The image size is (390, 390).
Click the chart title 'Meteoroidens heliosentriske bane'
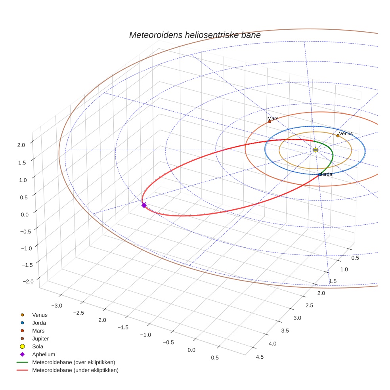(x=195, y=35)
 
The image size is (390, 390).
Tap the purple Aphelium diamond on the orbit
(x=144, y=205)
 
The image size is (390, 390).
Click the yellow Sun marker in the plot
(x=315, y=150)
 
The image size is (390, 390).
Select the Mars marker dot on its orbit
(x=270, y=122)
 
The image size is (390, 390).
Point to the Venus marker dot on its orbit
(x=338, y=136)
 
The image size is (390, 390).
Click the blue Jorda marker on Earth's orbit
(x=319, y=174)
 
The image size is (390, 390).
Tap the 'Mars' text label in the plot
(x=273, y=119)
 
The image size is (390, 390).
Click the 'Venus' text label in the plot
(x=346, y=134)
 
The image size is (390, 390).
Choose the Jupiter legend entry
(x=40, y=338)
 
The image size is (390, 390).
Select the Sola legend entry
(x=38, y=346)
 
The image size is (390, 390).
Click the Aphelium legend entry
(x=44, y=354)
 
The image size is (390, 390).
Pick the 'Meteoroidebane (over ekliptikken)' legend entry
(x=74, y=362)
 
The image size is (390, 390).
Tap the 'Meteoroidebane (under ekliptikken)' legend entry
(x=75, y=370)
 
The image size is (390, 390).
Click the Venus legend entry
(x=40, y=315)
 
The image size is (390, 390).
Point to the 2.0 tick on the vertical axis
(x=21, y=145)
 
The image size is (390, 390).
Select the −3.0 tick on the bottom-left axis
(x=57, y=306)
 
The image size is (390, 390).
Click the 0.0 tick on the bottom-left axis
(x=192, y=350)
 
